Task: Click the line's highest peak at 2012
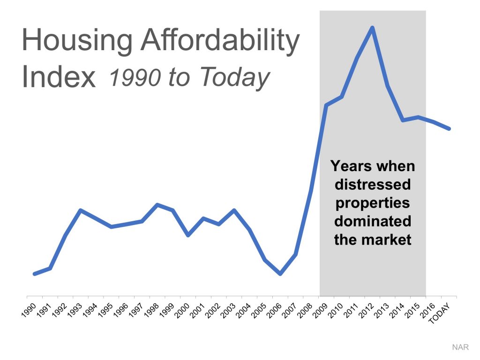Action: click(372, 28)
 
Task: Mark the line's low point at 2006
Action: click(280, 274)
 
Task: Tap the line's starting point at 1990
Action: click(35, 274)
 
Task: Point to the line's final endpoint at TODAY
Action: click(449, 128)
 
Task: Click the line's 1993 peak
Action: click(81, 210)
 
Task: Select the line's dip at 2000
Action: click(188, 235)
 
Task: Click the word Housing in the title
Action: click(77, 41)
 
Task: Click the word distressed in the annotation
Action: click(373, 184)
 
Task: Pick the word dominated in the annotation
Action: click(373, 221)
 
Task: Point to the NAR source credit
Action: click(460, 347)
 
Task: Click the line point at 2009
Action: click(326, 105)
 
